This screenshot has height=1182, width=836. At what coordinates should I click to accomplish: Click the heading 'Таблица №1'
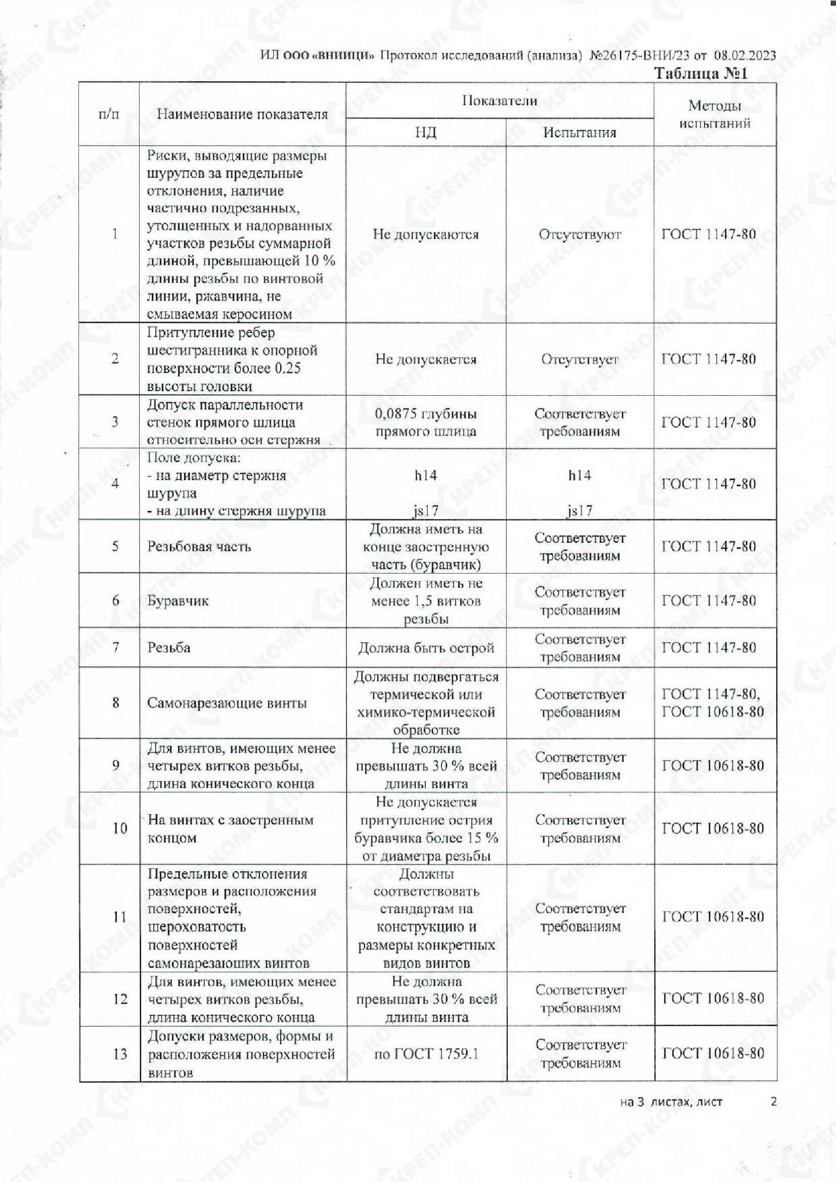pyautogui.click(x=700, y=74)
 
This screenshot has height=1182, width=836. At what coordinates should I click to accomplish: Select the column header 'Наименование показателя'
pyautogui.click(x=242, y=114)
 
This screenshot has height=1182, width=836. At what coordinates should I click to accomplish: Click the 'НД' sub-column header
pyautogui.click(x=425, y=133)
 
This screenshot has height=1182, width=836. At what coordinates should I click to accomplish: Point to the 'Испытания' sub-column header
pyautogui.click(x=580, y=133)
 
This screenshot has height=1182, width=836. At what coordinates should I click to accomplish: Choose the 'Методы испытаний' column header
pyautogui.click(x=715, y=114)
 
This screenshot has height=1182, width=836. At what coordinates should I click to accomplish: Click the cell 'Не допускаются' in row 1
pyautogui.click(x=425, y=235)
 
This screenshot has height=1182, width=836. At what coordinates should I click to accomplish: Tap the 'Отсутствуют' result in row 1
pyautogui.click(x=580, y=235)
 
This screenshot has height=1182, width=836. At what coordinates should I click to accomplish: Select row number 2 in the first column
pyautogui.click(x=115, y=359)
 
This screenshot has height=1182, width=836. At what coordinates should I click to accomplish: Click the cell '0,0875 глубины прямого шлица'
pyautogui.click(x=425, y=422)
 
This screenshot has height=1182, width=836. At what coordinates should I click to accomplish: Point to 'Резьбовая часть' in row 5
pyautogui.click(x=199, y=546)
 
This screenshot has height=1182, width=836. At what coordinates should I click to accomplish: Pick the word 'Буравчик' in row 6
pyautogui.click(x=178, y=601)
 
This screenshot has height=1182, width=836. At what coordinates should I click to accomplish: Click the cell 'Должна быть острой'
pyautogui.click(x=425, y=648)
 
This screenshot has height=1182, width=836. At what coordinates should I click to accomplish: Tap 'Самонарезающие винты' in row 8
pyautogui.click(x=227, y=703)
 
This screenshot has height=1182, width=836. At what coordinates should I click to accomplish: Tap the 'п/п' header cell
pyautogui.click(x=109, y=114)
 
